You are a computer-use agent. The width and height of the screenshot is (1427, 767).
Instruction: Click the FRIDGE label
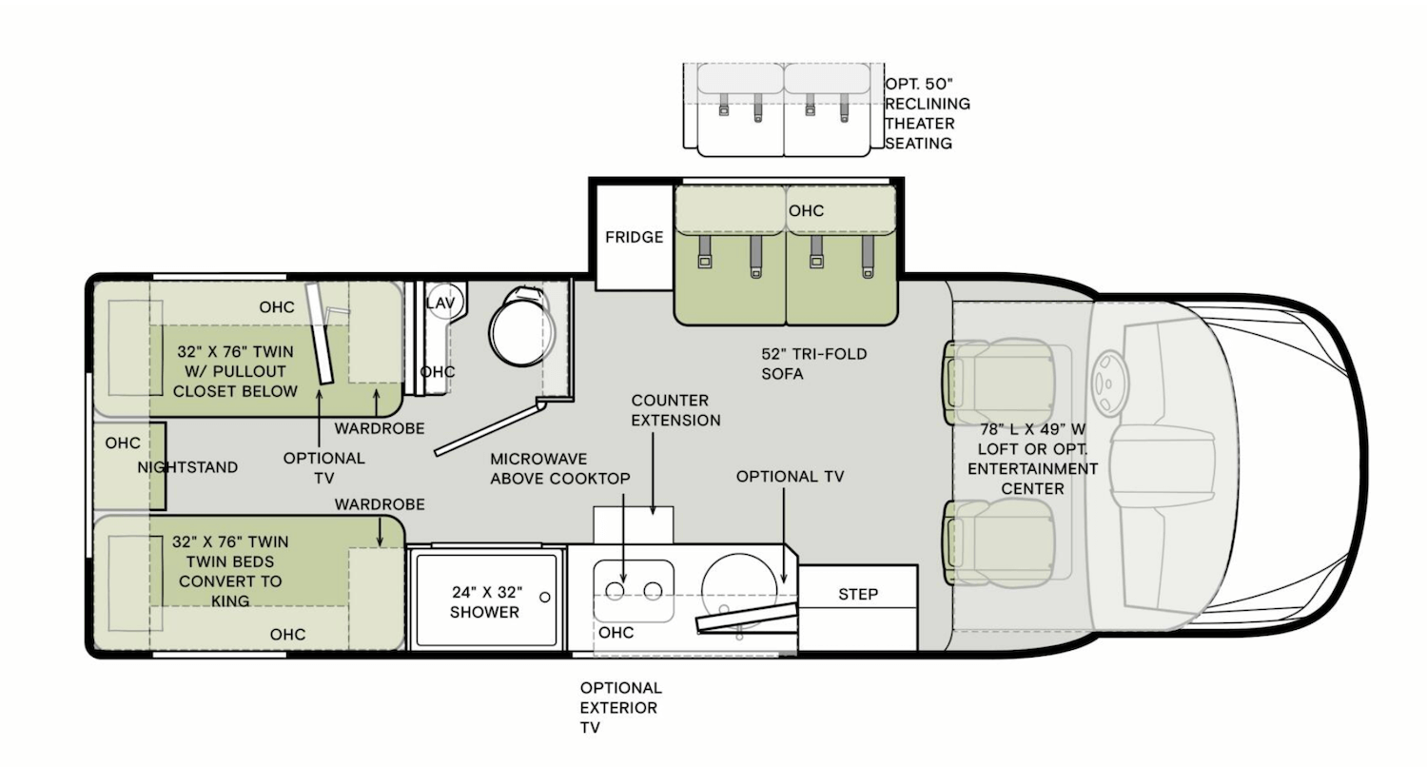point(634,237)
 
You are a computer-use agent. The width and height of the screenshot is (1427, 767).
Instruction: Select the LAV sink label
point(440,303)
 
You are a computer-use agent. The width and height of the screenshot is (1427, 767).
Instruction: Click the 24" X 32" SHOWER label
point(484,601)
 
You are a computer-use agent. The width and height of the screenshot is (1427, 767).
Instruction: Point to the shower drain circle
point(544,597)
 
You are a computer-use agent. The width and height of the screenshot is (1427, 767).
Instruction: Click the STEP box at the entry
point(857,594)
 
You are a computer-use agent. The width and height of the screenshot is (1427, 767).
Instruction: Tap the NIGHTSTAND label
point(187,467)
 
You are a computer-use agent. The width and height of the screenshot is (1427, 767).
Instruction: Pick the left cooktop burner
point(616,591)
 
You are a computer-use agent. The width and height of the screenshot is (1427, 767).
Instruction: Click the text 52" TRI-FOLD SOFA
point(813,364)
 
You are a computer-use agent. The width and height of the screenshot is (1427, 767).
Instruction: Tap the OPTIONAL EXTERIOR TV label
point(620,707)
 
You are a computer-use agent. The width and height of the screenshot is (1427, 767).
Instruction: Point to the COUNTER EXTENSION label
point(674,410)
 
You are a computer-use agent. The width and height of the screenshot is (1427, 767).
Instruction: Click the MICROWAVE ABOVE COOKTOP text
point(559,468)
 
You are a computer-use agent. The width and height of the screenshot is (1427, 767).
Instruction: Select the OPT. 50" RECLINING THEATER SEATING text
point(927,113)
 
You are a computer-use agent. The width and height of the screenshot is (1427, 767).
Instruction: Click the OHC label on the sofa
point(805,210)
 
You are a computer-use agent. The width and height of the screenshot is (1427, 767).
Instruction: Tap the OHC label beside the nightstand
point(123,443)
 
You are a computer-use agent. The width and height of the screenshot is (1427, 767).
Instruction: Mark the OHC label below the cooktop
point(616,633)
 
